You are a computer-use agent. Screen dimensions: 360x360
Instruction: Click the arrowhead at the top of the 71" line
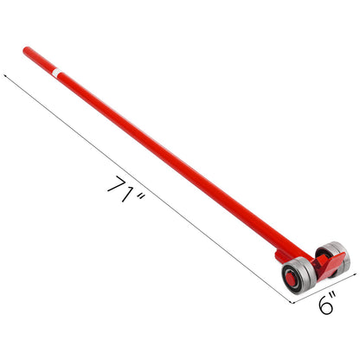click(8, 77)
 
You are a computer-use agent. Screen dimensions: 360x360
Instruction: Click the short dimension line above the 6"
click(320, 307)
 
